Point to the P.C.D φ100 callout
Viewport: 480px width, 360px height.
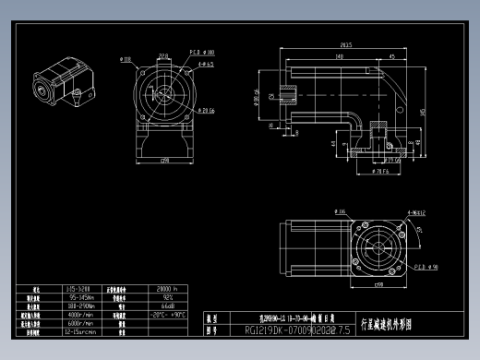pos(202,53)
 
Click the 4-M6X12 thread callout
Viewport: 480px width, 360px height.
pos(417,211)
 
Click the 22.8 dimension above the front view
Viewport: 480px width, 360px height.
pos(163,56)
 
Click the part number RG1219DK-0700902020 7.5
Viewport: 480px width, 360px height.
pos(298,330)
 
